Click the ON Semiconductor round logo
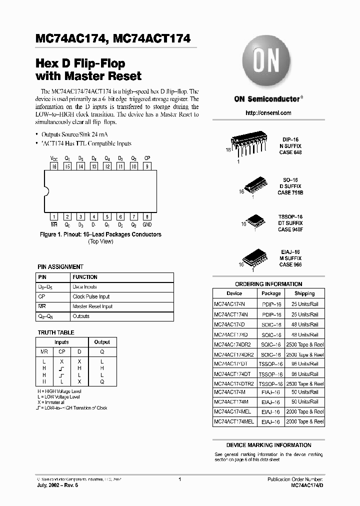click(268, 62)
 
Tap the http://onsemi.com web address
click(268, 113)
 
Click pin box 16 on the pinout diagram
click(53, 166)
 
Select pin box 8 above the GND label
click(146, 217)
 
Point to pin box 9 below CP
click(146, 166)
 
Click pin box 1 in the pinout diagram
click(53, 217)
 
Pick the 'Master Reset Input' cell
click(92, 306)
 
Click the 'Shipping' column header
click(304, 293)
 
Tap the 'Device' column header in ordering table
click(234, 293)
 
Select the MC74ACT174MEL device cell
click(234, 421)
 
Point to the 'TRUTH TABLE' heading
click(56, 332)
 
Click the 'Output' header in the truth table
click(102, 342)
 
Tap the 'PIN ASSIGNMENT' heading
click(60, 267)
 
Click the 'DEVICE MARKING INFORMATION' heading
click(268, 445)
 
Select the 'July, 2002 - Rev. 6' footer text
click(57, 485)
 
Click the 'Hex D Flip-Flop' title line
click(80, 63)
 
